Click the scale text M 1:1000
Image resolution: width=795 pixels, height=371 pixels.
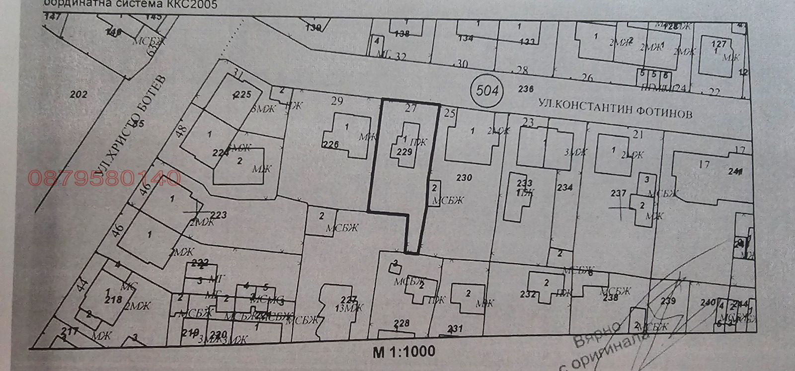pyautogui.click(x=404, y=352)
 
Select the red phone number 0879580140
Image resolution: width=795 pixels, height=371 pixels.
pyautogui.click(x=105, y=178)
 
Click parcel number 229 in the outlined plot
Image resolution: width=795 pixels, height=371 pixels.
pyautogui.click(x=404, y=152)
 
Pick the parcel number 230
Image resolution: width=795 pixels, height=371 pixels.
pyautogui.click(x=464, y=177)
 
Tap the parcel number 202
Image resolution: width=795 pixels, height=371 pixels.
pyautogui.click(x=79, y=94)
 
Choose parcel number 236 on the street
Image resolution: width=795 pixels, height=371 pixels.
pyautogui.click(x=525, y=89)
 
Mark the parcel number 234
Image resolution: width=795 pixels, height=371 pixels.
pyautogui.click(x=565, y=187)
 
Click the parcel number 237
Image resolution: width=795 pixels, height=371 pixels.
pyautogui.click(x=618, y=193)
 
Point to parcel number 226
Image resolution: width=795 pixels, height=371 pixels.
pyautogui.click(x=330, y=145)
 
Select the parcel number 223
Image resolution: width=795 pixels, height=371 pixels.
pyautogui.click(x=219, y=215)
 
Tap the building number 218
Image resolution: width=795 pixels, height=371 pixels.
pyautogui.click(x=113, y=299)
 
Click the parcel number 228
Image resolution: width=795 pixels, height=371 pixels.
pyautogui.click(x=401, y=323)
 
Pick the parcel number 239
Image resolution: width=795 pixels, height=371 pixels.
pyautogui.click(x=668, y=300)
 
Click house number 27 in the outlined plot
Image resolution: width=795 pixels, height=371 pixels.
pyautogui.click(x=410, y=109)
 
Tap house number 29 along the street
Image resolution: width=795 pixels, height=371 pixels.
pyautogui.click(x=337, y=101)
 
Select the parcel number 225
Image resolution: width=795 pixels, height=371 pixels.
pyautogui.click(x=243, y=94)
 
